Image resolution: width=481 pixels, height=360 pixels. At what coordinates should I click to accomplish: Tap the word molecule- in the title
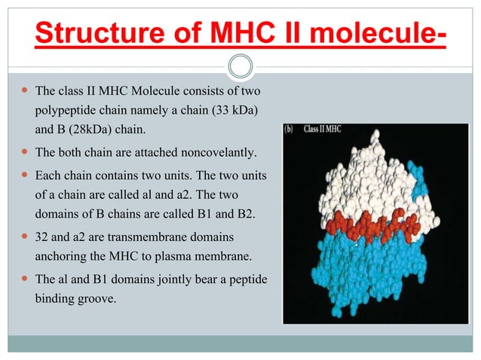coord(375,34)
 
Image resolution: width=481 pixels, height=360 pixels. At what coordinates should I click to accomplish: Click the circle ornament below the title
coord(240,66)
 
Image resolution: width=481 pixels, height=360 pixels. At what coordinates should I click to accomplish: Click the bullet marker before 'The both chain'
coord(23,154)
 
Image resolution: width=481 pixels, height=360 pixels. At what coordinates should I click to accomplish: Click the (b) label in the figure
coord(292,130)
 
